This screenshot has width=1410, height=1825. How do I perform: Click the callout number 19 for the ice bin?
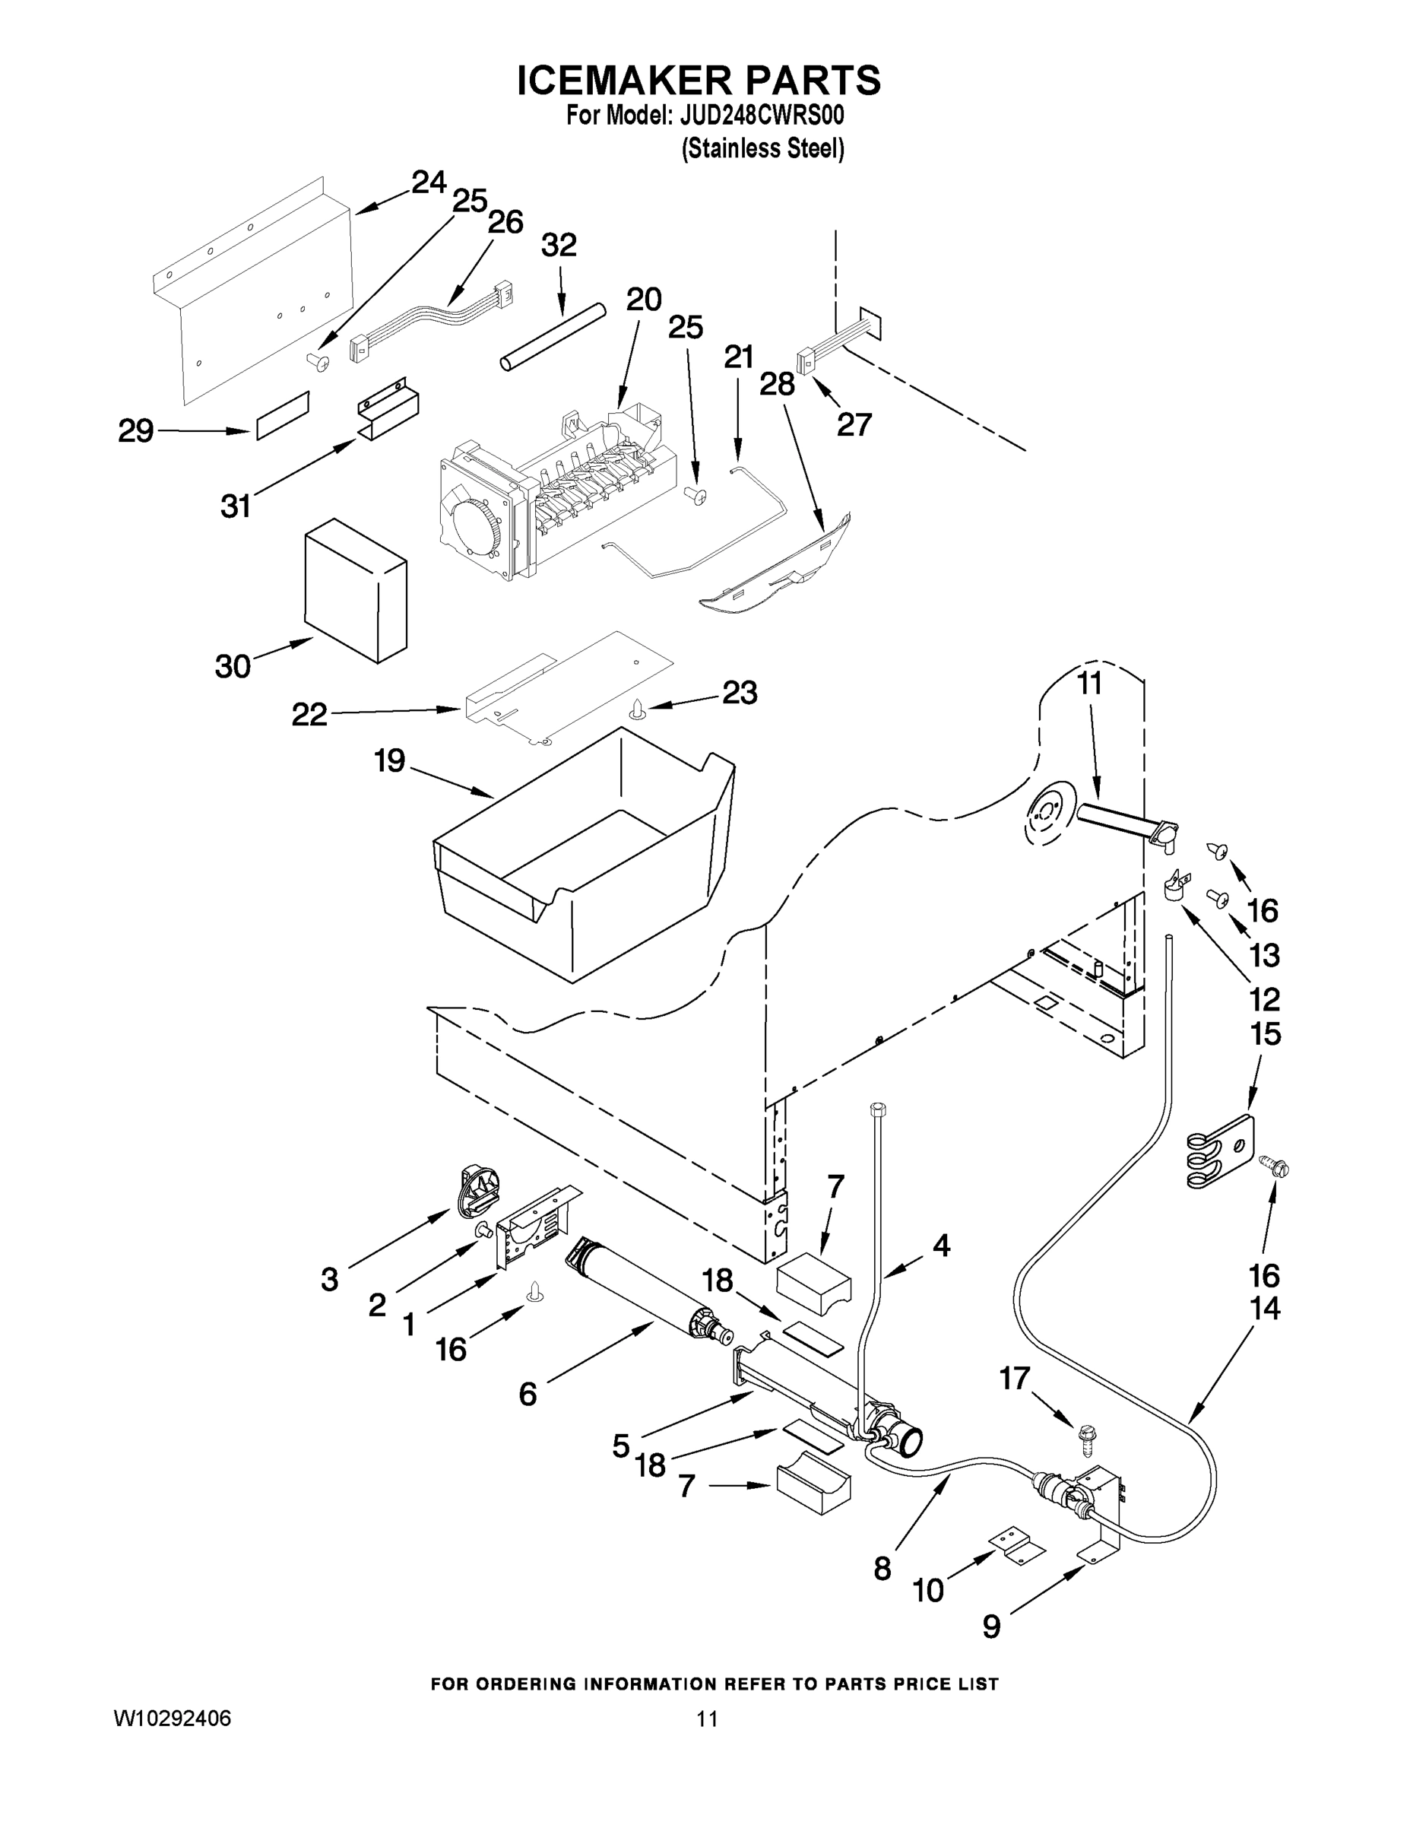[x=389, y=760]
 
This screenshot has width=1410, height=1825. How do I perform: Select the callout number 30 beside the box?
[x=233, y=666]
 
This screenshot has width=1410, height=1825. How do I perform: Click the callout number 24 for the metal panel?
[x=429, y=182]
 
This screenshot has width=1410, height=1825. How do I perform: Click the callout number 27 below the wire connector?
[x=854, y=424]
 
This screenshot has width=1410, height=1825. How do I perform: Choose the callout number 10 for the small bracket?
[x=928, y=1590]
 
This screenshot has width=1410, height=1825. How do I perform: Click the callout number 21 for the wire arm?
[x=738, y=357]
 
